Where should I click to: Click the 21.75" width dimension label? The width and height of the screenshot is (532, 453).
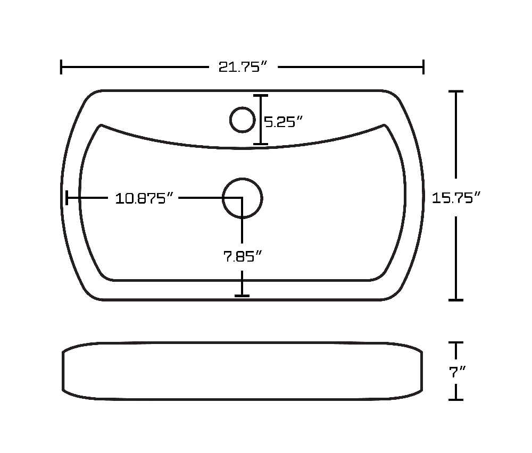pos(243,67)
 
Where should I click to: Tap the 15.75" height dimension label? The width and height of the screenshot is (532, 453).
pos(456,198)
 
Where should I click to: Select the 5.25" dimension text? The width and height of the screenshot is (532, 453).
pos(284,122)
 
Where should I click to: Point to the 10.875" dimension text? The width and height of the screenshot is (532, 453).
pos(144,198)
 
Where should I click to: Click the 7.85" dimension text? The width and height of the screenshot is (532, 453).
pos(243,256)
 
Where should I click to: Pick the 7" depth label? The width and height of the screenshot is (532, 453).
pos(457,372)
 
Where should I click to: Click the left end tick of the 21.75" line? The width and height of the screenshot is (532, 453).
pos(61,67)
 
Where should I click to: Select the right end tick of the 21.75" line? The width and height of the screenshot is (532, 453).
pos(423,67)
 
